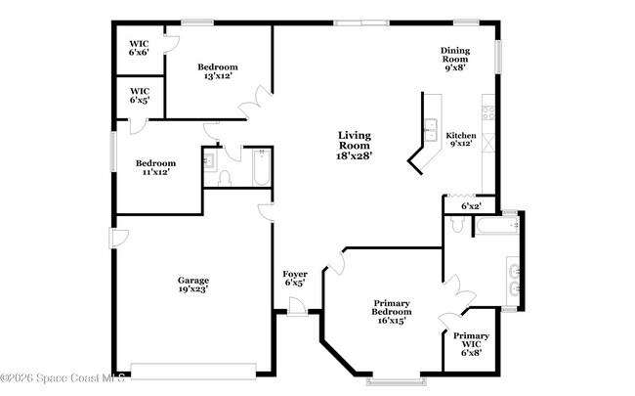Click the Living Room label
355,145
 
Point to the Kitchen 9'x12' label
460,140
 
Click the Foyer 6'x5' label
295,279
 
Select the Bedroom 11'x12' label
155,167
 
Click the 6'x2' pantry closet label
471,205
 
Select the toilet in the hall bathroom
224,177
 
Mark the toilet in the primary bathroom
457,226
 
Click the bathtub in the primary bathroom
495,226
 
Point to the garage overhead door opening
193,370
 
